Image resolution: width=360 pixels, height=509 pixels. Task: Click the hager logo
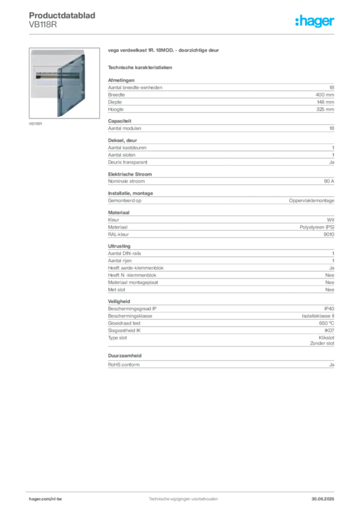click(315, 21)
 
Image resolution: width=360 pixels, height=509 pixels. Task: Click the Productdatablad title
click(62, 15)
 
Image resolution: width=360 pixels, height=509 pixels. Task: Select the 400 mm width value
click(325, 95)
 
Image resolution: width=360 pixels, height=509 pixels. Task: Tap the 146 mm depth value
click(325, 102)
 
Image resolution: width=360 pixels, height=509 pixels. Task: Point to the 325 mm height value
click(325, 109)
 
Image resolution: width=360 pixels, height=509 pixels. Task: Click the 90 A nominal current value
click(329, 181)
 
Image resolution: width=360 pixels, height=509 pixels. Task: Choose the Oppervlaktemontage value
click(311, 201)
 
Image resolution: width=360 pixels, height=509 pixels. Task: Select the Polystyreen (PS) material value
click(317, 227)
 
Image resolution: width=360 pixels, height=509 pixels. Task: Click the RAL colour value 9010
click(329, 235)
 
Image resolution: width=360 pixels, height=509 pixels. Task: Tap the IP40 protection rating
click(329, 309)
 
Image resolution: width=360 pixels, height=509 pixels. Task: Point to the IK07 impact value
click(329, 331)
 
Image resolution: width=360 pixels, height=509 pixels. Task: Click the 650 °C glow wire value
click(326, 323)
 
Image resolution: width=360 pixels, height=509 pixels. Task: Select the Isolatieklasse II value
click(318, 316)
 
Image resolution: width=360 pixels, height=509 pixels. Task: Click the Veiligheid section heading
click(119, 301)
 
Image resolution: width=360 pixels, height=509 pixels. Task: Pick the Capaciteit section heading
click(119, 121)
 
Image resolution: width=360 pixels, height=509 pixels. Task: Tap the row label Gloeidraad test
click(124, 323)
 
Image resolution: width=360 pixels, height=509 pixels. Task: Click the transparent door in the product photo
click(71, 85)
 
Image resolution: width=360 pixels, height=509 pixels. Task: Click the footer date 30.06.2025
click(323, 499)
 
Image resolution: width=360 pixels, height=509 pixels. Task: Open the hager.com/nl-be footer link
click(45, 499)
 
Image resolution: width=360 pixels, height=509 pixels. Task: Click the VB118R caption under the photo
click(35, 124)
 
